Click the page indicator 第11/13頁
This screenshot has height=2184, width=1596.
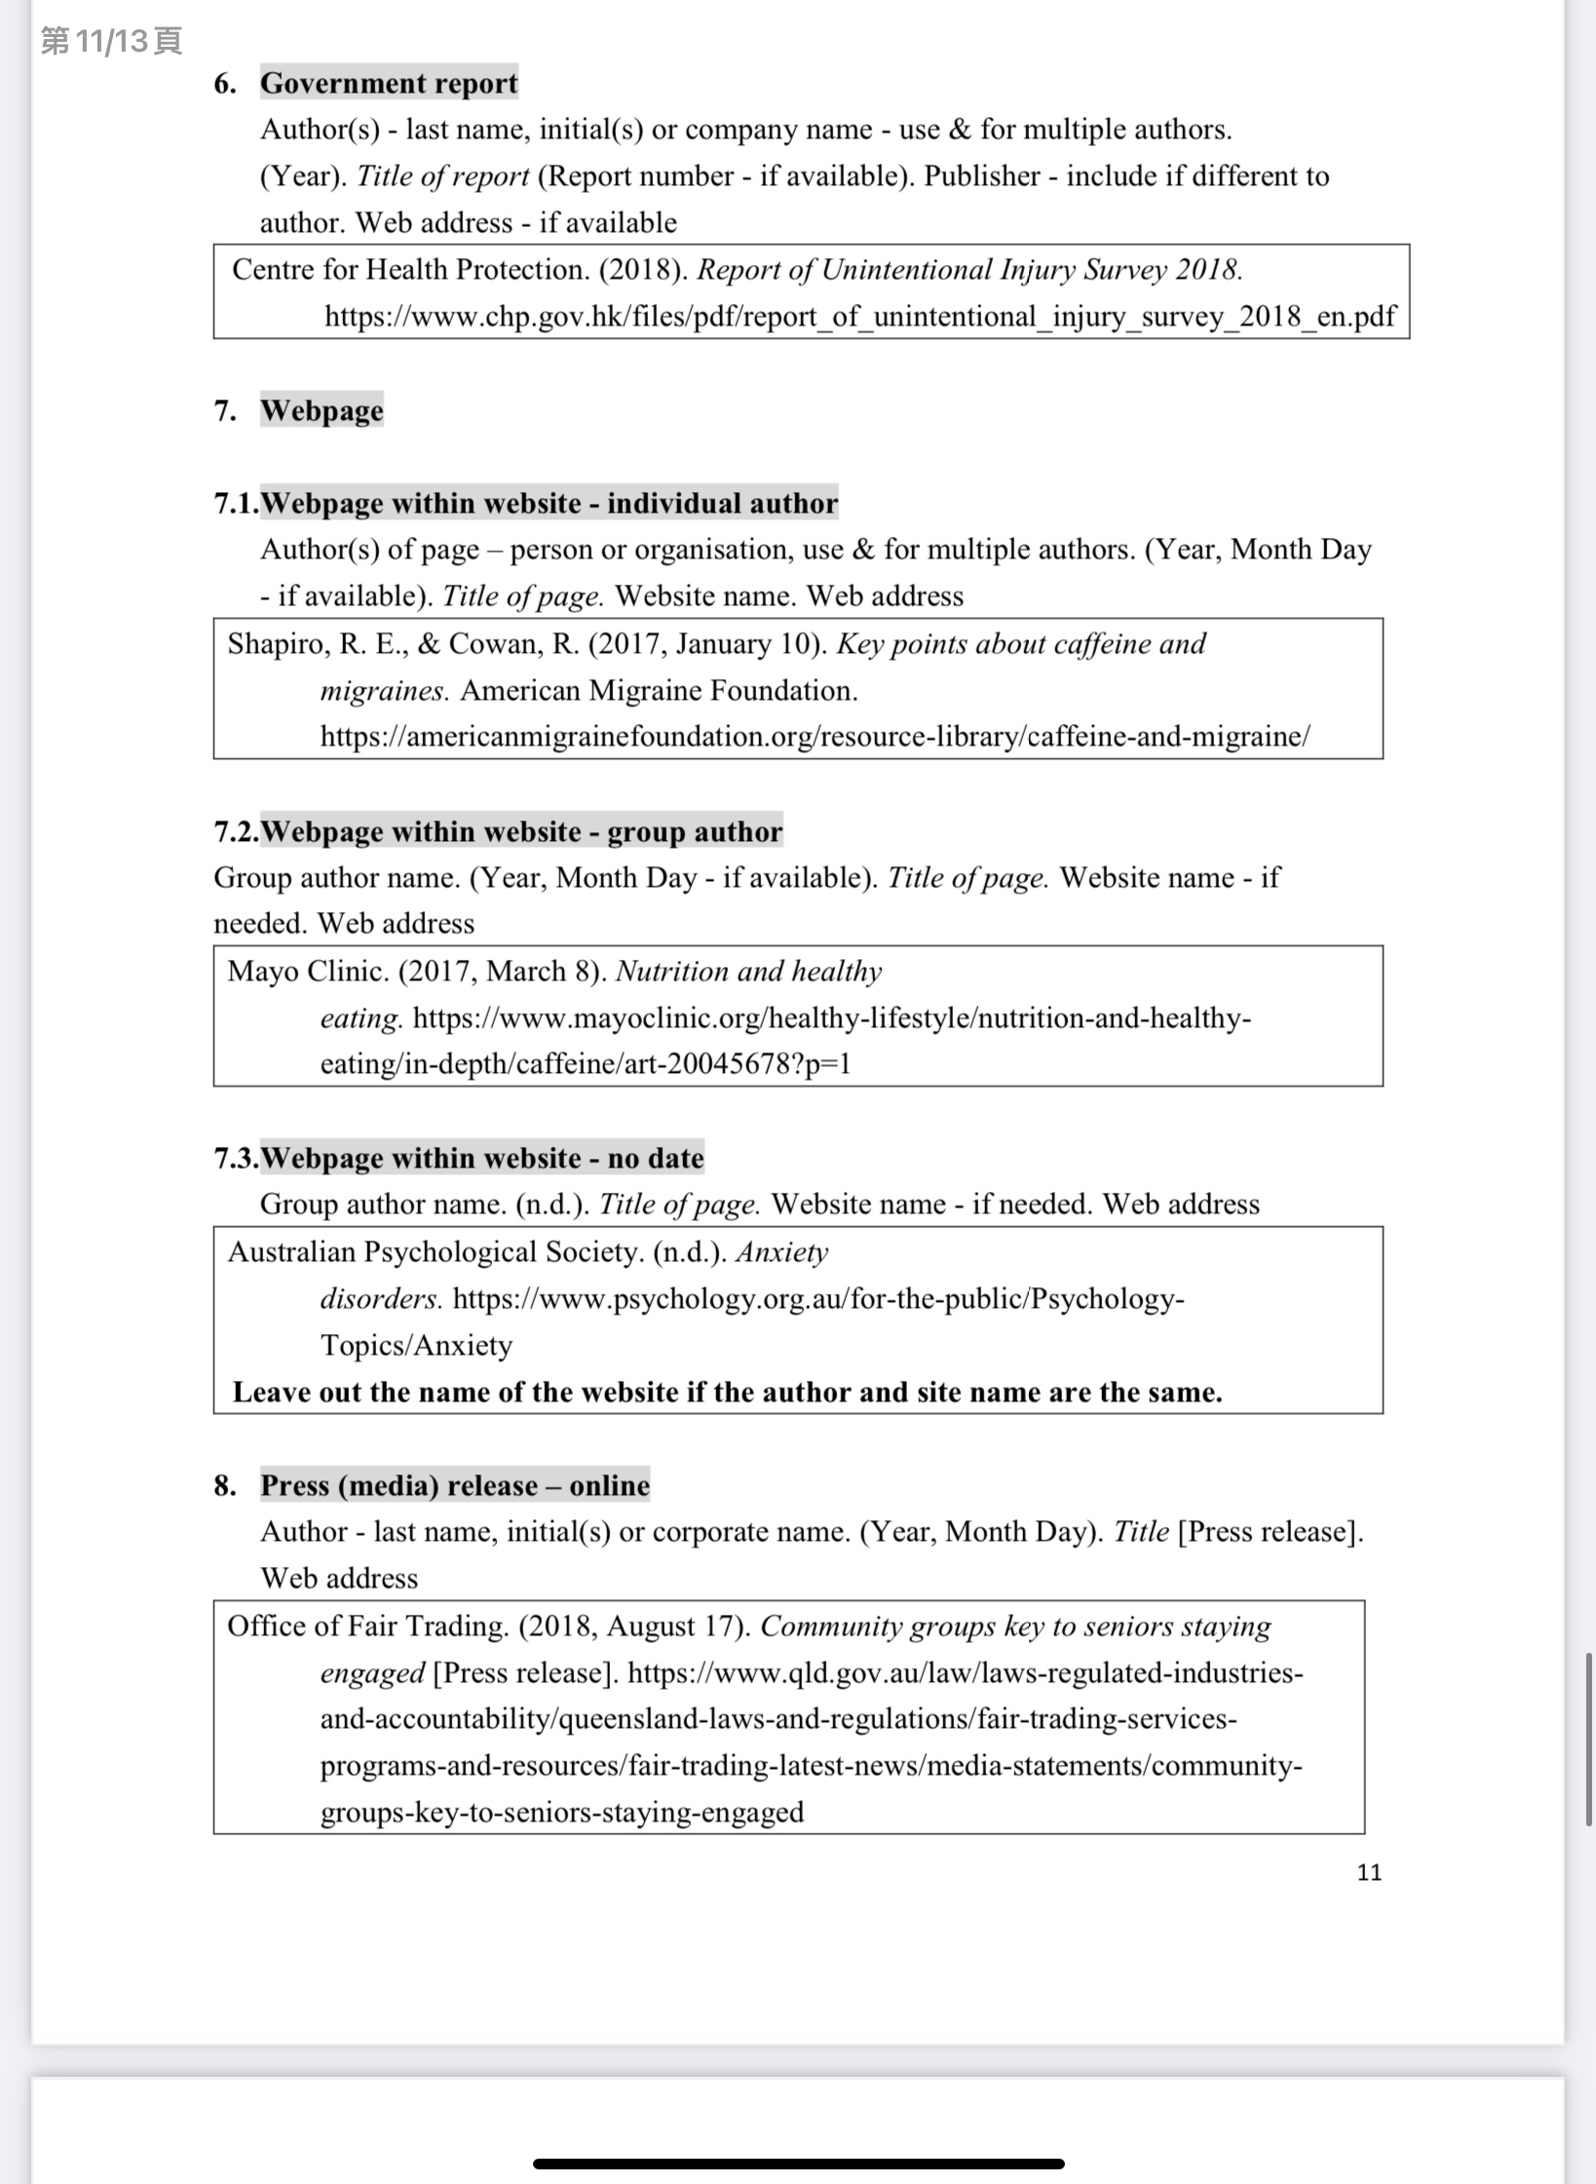(x=111, y=41)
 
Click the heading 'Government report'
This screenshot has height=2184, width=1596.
(x=388, y=84)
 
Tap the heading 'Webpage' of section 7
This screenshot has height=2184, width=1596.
(x=322, y=410)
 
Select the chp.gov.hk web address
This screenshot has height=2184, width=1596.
(x=859, y=317)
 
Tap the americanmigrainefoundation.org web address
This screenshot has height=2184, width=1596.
(x=815, y=737)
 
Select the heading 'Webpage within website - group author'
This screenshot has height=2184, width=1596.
(x=521, y=831)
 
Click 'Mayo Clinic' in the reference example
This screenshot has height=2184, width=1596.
(x=308, y=972)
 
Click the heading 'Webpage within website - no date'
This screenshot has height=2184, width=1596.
(x=482, y=1158)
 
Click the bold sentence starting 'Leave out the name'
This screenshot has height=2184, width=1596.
(x=727, y=1392)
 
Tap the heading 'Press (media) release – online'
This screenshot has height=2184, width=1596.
(x=454, y=1485)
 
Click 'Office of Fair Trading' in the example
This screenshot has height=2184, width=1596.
(x=367, y=1627)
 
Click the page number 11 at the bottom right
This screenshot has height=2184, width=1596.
(x=1369, y=1872)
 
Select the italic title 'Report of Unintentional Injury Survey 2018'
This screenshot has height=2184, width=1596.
(x=969, y=270)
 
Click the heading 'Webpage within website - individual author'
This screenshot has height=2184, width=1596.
(x=549, y=503)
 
